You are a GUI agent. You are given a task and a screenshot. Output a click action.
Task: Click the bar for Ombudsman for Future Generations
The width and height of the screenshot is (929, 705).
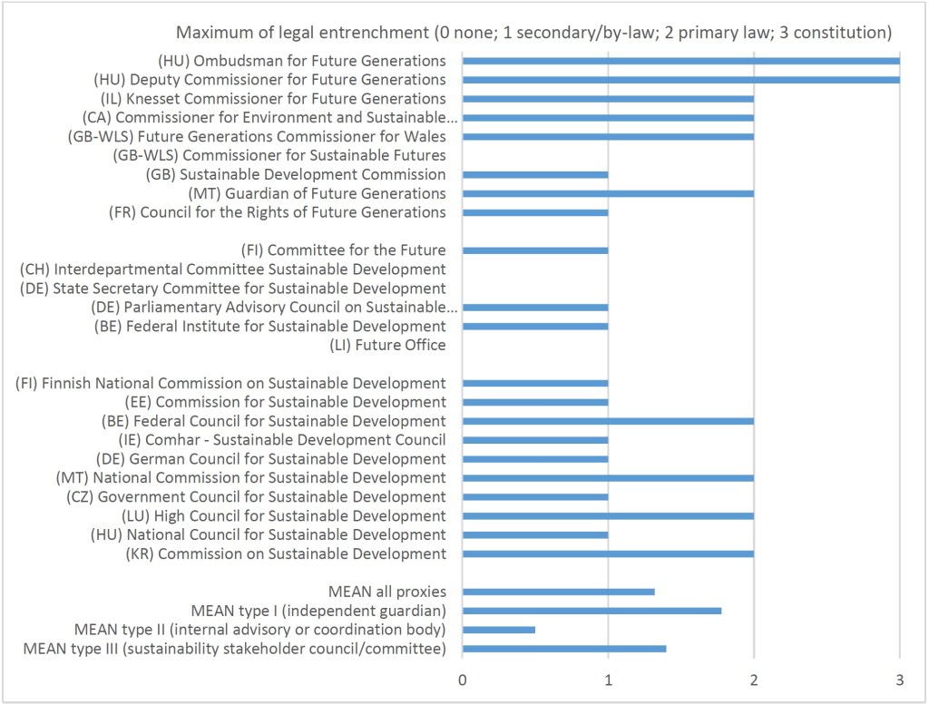(680, 61)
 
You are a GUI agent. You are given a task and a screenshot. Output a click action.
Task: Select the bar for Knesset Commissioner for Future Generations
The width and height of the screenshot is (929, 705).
(608, 99)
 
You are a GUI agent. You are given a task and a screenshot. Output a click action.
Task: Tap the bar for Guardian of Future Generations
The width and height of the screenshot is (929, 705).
(608, 193)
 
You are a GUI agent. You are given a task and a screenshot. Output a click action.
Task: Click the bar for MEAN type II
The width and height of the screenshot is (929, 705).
(498, 629)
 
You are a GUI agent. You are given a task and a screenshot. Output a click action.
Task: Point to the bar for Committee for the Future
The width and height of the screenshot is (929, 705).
(535, 250)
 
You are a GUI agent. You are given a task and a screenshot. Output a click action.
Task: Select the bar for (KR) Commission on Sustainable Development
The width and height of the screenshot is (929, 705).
(608, 553)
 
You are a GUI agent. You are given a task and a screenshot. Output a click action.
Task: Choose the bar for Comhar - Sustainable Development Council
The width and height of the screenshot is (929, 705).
(535, 440)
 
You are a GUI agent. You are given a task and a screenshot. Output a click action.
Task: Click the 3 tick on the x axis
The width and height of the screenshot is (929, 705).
(899, 680)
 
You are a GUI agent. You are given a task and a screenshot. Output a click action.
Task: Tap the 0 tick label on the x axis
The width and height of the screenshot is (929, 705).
(463, 680)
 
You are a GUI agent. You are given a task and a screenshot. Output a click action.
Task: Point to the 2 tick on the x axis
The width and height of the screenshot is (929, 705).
(754, 680)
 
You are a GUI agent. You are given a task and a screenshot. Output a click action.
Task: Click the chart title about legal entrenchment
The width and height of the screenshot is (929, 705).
(534, 33)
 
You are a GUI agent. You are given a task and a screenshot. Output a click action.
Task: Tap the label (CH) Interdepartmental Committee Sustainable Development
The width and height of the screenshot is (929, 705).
(232, 269)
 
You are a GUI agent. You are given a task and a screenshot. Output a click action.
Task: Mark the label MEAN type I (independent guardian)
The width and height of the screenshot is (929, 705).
(318, 611)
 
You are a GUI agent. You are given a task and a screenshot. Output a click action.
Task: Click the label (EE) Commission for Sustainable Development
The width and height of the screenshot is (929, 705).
(285, 402)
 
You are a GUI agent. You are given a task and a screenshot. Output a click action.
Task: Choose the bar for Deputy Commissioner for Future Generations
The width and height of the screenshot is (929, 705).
(680, 80)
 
